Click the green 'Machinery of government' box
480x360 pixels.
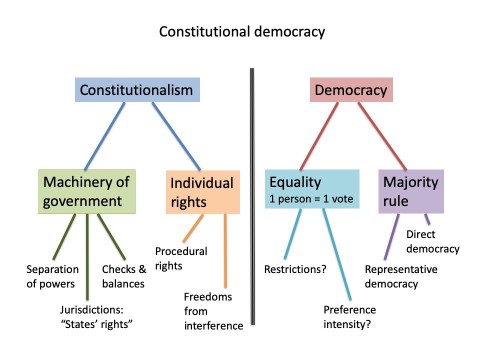click(88, 191)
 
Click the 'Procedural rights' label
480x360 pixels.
click(183, 258)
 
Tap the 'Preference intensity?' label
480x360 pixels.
click(349, 317)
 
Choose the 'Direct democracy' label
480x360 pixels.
click(432, 241)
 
